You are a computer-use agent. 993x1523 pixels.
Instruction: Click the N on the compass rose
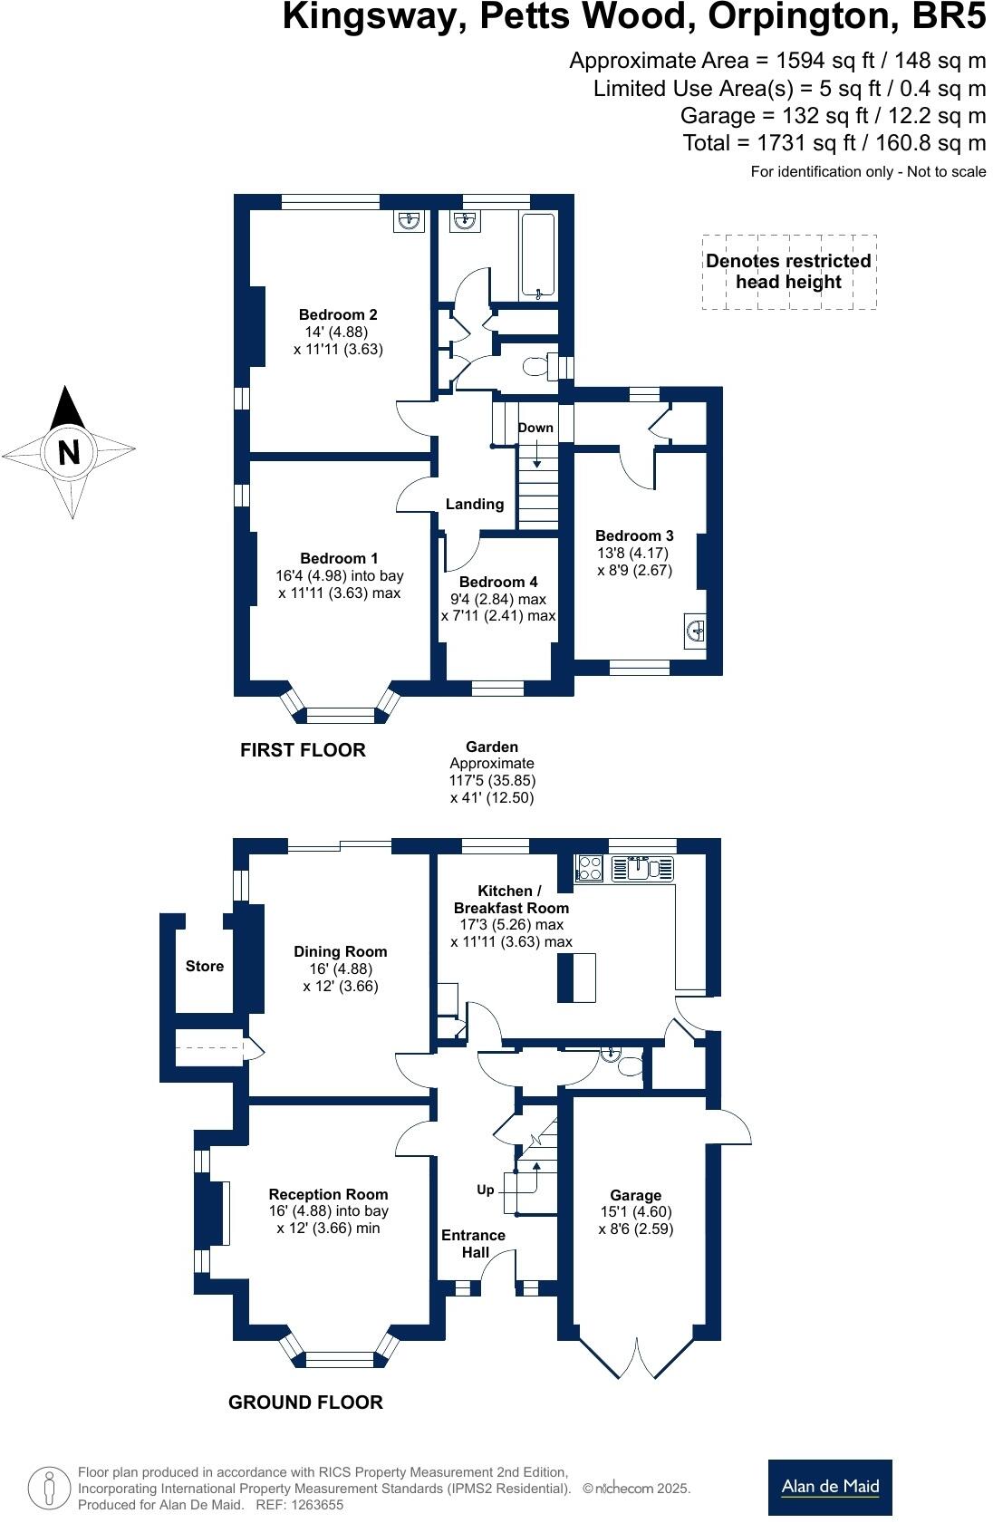pyautogui.click(x=69, y=451)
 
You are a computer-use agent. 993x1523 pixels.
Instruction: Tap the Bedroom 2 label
pyautogui.click(x=337, y=314)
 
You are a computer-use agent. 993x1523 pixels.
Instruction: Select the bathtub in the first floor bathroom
pyautogui.click(x=538, y=255)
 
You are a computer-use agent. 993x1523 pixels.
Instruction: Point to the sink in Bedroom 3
pyautogui.click(x=695, y=631)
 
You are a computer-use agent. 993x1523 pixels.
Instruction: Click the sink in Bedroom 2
pyautogui.click(x=410, y=220)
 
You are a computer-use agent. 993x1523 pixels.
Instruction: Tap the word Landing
pyautogui.click(x=475, y=504)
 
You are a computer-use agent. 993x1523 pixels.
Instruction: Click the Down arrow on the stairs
pyautogui.click(x=536, y=454)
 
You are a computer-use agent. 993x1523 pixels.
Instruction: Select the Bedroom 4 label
pyautogui.click(x=498, y=582)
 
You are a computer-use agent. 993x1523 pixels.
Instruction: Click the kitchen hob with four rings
pyautogui.click(x=589, y=868)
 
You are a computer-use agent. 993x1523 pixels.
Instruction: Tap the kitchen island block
pyautogui.click(x=576, y=978)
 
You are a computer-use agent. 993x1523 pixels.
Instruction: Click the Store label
pyautogui.click(x=204, y=966)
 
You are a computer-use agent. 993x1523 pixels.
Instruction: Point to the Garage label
pyautogui.click(x=635, y=1195)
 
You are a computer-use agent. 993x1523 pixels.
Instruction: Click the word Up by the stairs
pyautogui.click(x=485, y=1190)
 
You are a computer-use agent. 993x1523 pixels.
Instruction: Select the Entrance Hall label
pyautogui.click(x=473, y=1243)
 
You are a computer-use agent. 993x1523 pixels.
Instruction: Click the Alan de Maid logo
pyautogui.click(x=830, y=1487)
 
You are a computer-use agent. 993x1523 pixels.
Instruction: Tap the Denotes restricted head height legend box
pyautogui.click(x=789, y=272)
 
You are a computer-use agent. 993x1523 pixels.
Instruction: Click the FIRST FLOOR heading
pyautogui.click(x=303, y=750)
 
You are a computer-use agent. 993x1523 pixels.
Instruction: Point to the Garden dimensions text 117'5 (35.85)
pyautogui.click(x=492, y=781)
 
